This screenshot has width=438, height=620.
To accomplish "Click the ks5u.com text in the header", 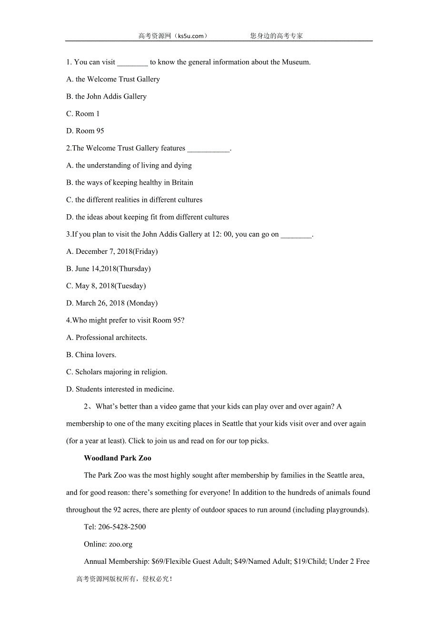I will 191,36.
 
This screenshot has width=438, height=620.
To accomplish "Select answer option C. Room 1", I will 83,114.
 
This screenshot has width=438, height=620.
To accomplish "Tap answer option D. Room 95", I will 85,131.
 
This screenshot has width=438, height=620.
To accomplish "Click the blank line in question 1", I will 132,62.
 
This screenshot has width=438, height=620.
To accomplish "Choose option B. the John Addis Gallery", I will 106,97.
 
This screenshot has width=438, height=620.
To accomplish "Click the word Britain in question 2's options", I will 182,183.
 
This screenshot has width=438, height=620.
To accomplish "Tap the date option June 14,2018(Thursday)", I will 108,269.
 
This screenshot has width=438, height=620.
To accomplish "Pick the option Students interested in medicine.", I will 120,390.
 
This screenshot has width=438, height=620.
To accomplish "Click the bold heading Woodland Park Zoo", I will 118,458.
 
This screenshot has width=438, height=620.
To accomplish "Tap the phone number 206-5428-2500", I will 122,527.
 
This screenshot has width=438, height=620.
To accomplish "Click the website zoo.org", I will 121,544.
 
